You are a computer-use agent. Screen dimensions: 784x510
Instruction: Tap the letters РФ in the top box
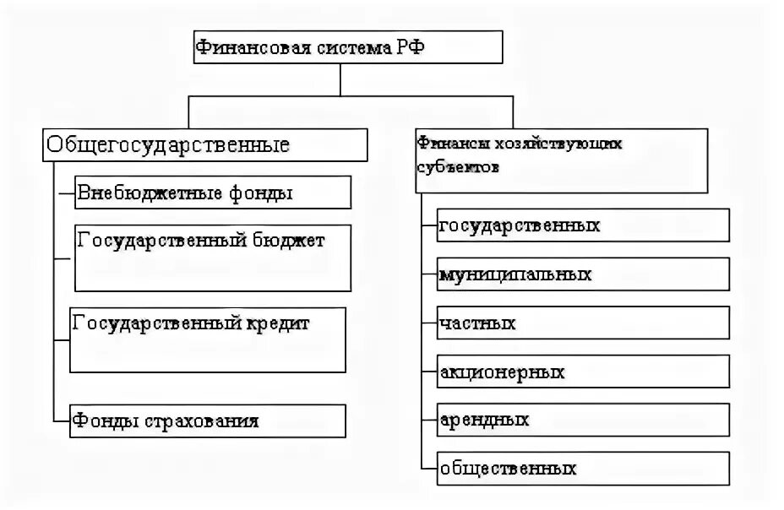pyautogui.click(x=402, y=48)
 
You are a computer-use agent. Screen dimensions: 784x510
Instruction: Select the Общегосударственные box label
pyautogui.click(x=167, y=145)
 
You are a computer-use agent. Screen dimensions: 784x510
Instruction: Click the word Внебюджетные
pyautogui.click(x=143, y=193)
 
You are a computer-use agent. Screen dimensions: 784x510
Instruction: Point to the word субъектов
pyautogui.click(x=457, y=167)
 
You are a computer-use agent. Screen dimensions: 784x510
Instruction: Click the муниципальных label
pyautogui.click(x=515, y=274)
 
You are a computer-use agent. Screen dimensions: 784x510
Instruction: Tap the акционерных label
pyautogui.click(x=502, y=372)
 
